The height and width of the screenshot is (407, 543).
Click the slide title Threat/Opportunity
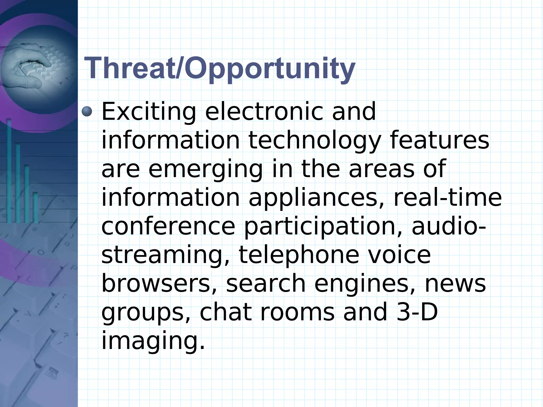220,68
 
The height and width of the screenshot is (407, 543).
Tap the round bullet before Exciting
87,111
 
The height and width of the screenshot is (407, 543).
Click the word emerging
205,170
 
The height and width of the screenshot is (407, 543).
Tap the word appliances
316,198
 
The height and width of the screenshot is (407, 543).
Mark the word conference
168,226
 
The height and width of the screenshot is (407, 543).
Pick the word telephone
299,256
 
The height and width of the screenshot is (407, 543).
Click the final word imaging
153,342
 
